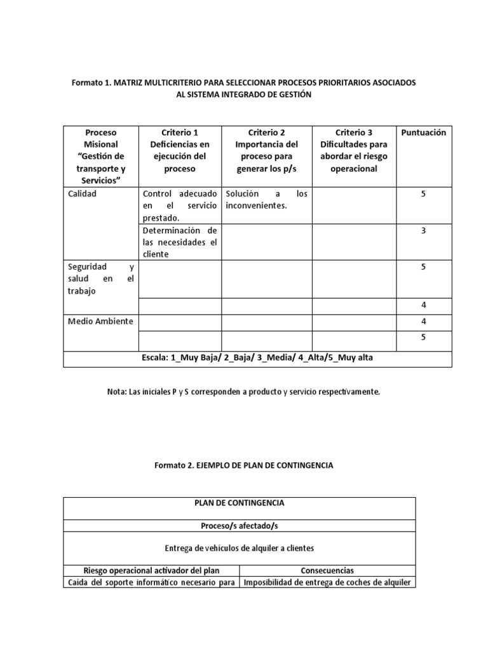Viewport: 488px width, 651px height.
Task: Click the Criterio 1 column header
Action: click(180, 151)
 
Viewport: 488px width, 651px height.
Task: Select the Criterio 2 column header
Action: click(267, 151)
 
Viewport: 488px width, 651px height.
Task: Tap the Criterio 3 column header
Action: click(353, 151)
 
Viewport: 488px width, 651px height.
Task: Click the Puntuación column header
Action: click(423, 133)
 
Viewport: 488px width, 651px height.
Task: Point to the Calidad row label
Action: click(82, 194)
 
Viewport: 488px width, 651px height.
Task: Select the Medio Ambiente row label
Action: click(100, 321)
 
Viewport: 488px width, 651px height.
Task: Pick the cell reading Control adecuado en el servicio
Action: click(180, 205)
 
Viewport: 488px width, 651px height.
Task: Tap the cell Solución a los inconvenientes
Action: click(266, 200)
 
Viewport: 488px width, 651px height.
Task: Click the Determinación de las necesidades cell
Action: click(180, 242)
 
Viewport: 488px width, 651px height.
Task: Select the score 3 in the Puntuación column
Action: click(423, 231)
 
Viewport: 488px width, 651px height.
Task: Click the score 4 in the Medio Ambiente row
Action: click(423, 322)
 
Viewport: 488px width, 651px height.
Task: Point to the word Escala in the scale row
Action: click(155, 358)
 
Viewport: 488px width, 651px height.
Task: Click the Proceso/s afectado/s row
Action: click(239, 526)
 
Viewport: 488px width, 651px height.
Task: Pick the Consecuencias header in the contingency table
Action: click(327, 570)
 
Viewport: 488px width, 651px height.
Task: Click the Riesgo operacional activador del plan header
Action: click(151, 570)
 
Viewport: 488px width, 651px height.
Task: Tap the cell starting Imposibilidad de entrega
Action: click(328, 582)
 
